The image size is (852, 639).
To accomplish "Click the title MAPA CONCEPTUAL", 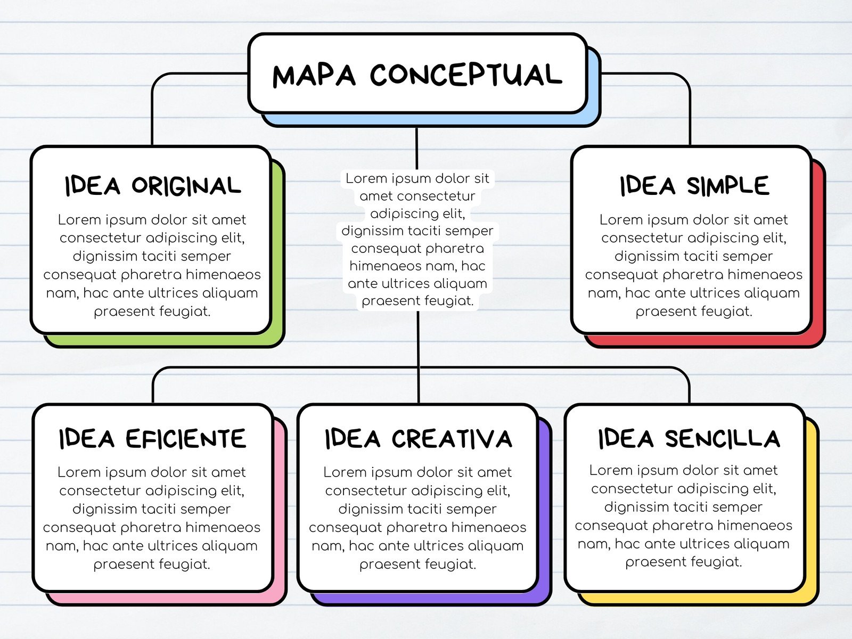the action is (417, 75).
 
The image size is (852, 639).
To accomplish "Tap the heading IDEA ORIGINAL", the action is (152, 185).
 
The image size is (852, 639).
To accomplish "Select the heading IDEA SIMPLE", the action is (694, 185).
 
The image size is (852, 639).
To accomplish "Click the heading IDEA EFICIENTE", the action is (152, 438).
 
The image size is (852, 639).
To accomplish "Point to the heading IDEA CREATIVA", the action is (419, 438).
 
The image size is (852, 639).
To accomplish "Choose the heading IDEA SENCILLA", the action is (689, 438).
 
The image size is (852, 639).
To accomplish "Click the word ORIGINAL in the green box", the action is (186, 185).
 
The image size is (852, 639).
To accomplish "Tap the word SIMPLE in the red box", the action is (728, 185).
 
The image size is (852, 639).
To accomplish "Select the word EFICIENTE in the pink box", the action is (186, 438).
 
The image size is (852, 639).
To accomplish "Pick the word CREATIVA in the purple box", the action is (452, 438).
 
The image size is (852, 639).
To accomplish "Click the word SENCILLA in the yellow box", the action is (723, 438).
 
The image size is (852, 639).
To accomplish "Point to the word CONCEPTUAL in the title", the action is (466, 75).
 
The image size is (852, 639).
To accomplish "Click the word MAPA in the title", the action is (314, 76).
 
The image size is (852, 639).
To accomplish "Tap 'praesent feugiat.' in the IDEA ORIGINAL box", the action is (152, 311).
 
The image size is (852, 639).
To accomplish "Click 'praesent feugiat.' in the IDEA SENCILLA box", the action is (684, 562).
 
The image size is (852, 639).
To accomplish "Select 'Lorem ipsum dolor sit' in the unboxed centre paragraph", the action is (417, 178).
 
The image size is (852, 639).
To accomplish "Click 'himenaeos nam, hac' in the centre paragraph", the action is (417, 266).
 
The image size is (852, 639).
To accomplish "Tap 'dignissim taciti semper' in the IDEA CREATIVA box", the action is (417, 509).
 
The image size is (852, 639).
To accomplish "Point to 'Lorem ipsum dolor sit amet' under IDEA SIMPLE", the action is (694, 220).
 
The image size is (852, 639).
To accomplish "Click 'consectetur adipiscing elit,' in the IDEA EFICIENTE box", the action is (152, 490).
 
